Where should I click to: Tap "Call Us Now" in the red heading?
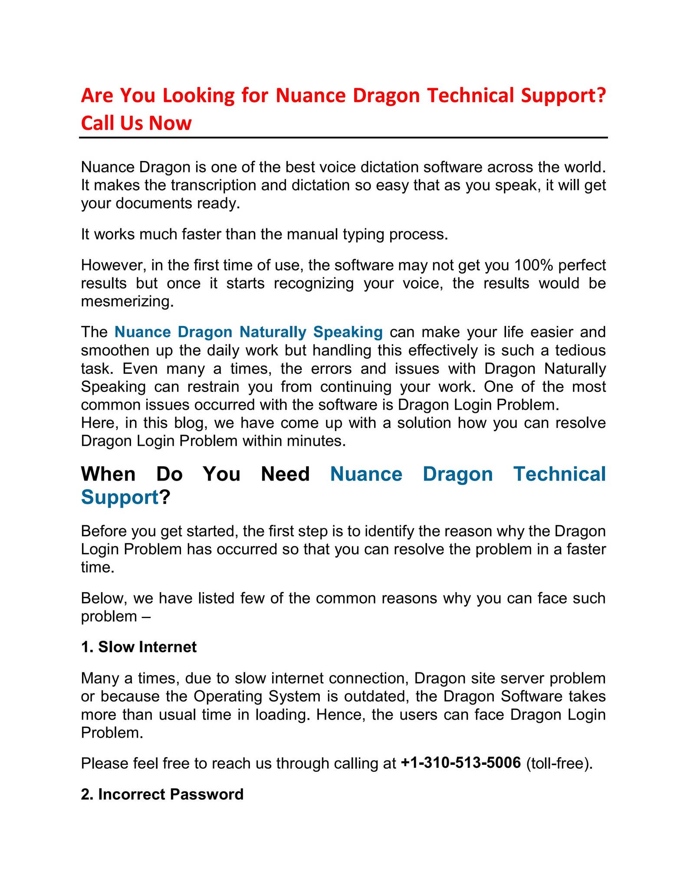point(136,123)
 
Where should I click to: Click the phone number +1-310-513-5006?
point(460,762)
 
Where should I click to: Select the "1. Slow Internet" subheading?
point(139,647)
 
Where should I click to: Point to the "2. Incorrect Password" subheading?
point(162,794)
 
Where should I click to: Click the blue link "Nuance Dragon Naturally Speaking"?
point(248,332)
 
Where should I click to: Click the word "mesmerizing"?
point(126,301)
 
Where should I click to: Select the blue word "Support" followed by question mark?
point(120,497)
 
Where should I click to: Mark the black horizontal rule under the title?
point(343,138)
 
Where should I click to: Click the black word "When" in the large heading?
point(108,474)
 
